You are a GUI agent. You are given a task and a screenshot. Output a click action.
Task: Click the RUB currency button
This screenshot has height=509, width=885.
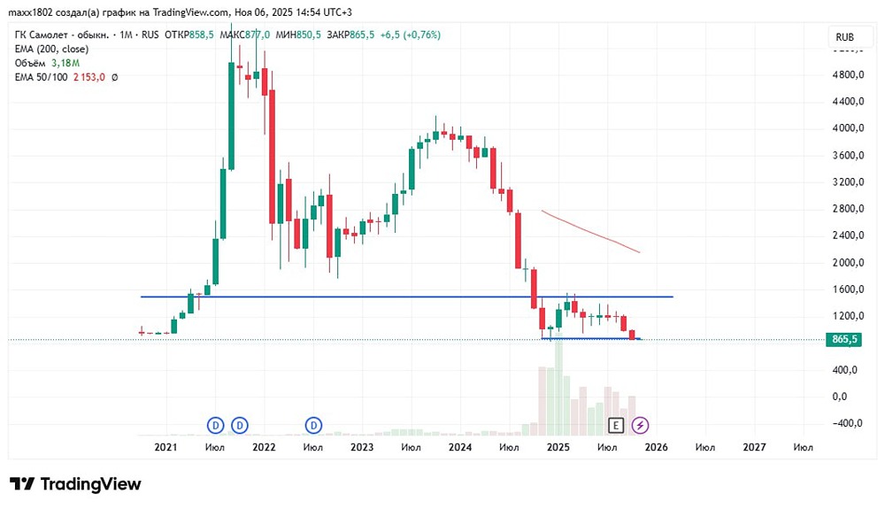click(x=844, y=37)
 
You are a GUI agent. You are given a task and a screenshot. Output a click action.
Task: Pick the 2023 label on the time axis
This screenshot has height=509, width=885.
click(x=361, y=448)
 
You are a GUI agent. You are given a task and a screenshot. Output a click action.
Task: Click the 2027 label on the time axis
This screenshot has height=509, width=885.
click(x=754, y=448)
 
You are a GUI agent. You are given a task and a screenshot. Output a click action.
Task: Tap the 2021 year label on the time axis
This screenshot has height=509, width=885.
click(x=165, y=448)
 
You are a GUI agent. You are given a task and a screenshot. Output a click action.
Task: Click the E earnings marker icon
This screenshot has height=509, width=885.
click(x=616, y=426)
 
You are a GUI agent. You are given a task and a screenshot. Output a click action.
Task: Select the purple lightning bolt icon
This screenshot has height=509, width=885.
click(x=641, y=426)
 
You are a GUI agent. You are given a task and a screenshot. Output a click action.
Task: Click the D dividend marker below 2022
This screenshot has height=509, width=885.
click(x=240, y=426)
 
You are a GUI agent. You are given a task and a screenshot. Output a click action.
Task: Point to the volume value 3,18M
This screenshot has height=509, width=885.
click(x=65, y=63)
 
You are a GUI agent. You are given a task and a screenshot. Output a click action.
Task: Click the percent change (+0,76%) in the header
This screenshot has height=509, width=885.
click(x=420, y=35)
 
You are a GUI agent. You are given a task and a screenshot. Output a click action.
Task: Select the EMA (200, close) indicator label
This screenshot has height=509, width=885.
click(x=51, y=49)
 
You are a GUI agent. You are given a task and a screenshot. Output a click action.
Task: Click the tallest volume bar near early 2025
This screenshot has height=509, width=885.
click(x=558, y=389)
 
